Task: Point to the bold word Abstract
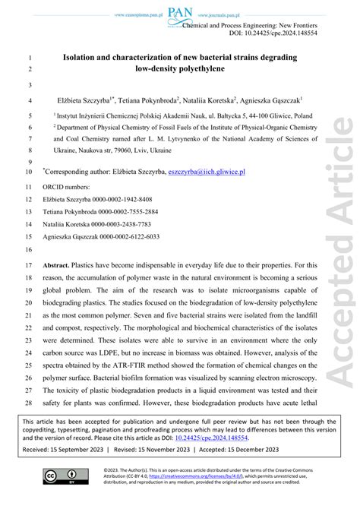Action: pos(67,265)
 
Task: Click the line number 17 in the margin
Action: pos(29,265)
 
